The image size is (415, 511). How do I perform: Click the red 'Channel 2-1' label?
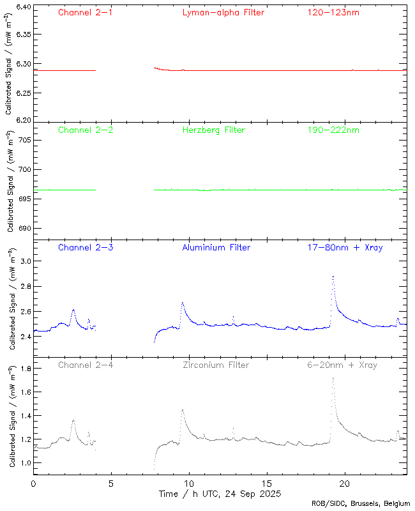click(85, 12)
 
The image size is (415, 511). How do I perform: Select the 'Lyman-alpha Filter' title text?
click(223, 12)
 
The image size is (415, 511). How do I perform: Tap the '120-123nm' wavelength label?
click(333, 12)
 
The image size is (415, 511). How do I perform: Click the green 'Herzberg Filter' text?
click(214, 130)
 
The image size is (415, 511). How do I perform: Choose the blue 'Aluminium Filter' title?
click(216, 247)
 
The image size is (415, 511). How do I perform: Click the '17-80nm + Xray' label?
click(345, 247)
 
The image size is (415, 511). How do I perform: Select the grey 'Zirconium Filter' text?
click(216, 365)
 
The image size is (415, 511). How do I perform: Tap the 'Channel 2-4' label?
click(85, 365)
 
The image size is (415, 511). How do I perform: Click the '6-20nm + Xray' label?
click(342, 365)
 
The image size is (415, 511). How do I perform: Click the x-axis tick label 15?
click(267, 484)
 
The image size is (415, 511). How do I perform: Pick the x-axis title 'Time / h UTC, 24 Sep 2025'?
click(220, 494)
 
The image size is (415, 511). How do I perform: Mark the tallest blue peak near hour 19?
click(333, 277)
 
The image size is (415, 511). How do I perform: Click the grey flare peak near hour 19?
click(333, 378)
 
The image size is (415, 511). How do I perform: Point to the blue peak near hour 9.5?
click(182, 303)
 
